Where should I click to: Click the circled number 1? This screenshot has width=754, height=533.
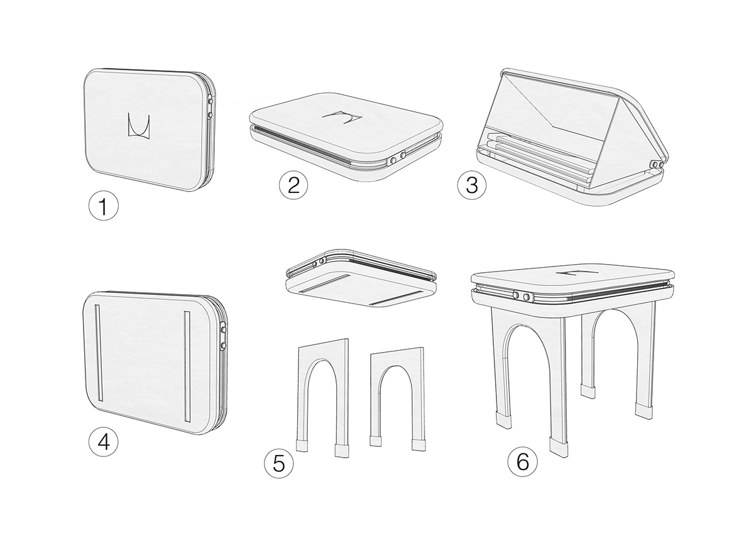click(x=103, y=206)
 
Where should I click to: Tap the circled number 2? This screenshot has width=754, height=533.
click(x=293, y=185)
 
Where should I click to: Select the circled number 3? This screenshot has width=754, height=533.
click(x=472, y=185)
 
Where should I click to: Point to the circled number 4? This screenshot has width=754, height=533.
click(x=103, y=442)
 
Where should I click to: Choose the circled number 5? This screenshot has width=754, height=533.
click(x=279, y=463)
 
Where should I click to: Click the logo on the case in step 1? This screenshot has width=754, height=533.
click(x=139, y=126)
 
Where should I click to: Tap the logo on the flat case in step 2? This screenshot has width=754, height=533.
click(x=342, y=118)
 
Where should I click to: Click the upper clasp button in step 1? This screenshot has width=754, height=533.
click(x=210, y=101)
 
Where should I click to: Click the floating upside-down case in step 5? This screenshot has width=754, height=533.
click(x=361, y=278)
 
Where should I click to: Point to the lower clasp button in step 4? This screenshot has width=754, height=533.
click(x=223, y=345)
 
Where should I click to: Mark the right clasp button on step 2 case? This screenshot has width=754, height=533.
click(x=402, y=155)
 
